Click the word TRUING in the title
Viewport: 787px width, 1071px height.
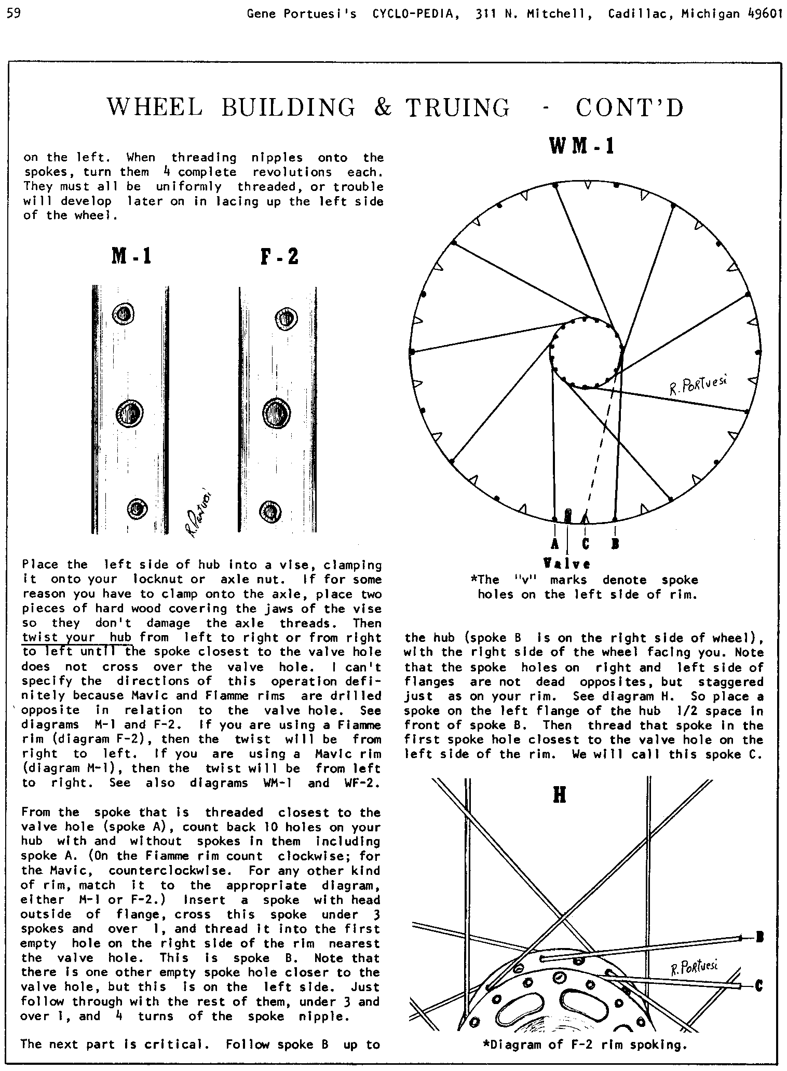(458, 108)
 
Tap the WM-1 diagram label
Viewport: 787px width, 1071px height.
(581, 146)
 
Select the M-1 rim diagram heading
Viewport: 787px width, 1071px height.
(131, 256)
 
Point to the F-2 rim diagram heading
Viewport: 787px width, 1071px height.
(279, 256)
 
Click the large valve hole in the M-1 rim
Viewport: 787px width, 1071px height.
(129, 413)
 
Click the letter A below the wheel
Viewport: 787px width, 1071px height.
(554, 544)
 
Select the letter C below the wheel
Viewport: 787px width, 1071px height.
(586, 544)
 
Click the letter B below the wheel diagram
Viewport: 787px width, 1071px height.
(615, 544)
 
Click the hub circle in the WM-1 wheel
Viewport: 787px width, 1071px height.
(586, 353)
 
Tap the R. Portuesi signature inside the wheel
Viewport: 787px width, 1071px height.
(698, 385)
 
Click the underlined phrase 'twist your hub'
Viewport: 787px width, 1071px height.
(77, 638)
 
